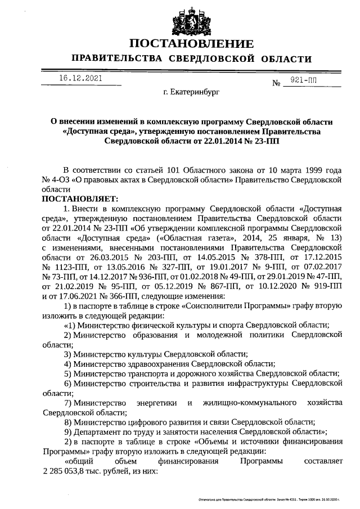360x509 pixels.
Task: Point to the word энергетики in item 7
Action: point(160,403)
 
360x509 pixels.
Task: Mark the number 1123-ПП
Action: point(60,267)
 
